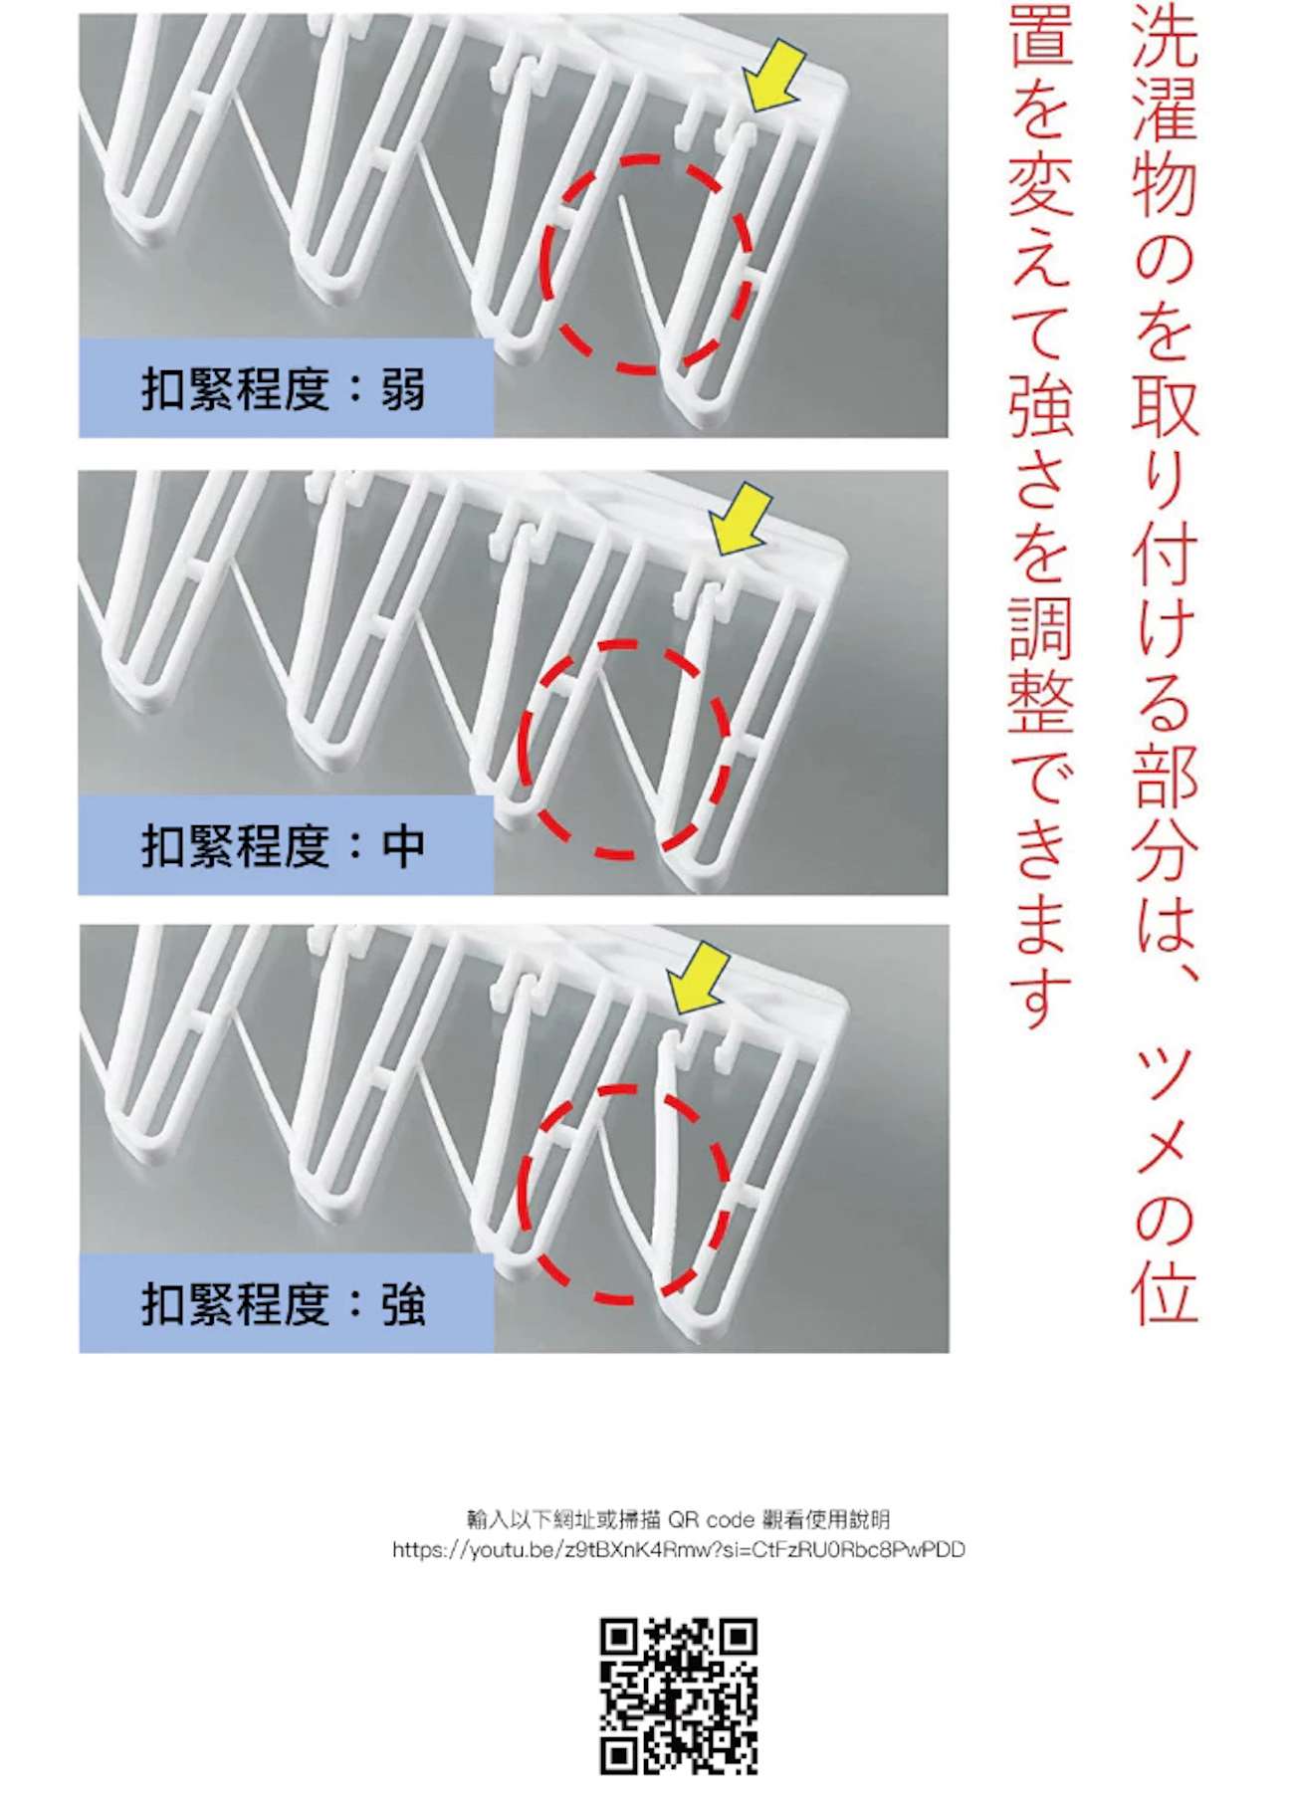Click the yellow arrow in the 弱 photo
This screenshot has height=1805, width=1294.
(773, 76)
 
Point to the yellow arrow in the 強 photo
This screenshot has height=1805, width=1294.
(700, 980)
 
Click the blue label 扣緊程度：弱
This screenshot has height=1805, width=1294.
(286, 388)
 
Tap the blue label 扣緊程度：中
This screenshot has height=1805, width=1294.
(286, 845)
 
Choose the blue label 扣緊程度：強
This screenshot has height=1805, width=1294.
(286, 1303)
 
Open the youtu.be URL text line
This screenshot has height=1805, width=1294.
(679, 1550)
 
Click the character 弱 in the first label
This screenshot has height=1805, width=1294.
(403, 389)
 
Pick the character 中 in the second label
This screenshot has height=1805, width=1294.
(403, 846)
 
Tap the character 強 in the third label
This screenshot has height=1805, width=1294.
(403, 1304)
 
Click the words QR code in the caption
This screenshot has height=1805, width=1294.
(711, 1520)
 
